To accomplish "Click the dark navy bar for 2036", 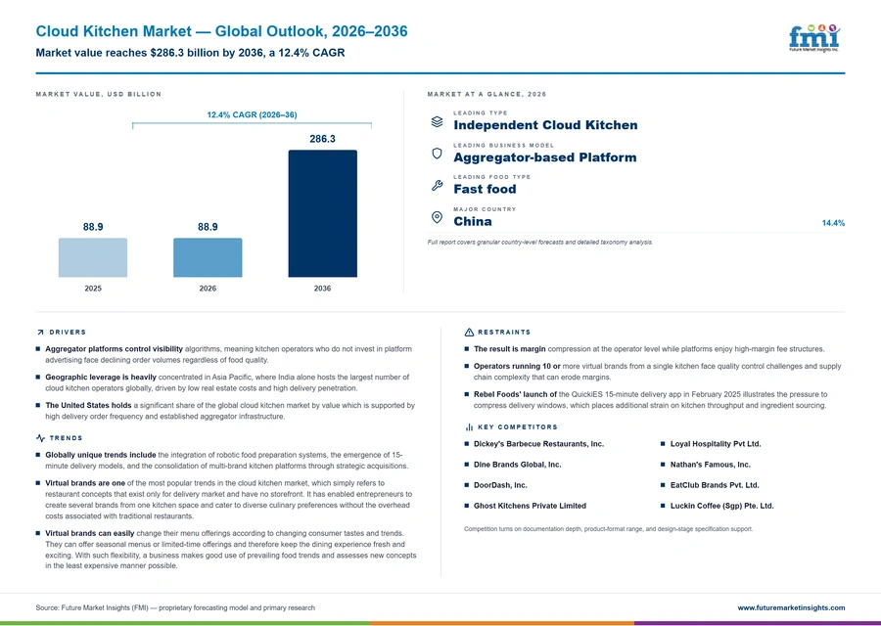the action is tap(322, 213).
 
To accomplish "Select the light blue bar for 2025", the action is tap(93, 257).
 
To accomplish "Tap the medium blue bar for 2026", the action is tap(208, 257).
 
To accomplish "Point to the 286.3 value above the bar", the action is tap(322, 139).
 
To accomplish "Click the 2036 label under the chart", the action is tap(322, 289).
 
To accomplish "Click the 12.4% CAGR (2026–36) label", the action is tap(252, 114).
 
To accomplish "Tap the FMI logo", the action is tap(814, 38).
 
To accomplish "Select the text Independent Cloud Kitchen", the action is tap(545, 125).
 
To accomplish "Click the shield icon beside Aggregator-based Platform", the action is tap(437, 154).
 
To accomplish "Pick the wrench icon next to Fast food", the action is tap(437, 186).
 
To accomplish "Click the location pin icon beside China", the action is tap(437, 217).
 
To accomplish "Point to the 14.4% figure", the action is tap(833, 223).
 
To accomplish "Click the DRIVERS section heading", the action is tap(68, 333).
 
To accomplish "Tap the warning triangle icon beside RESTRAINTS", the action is tap(469, 333).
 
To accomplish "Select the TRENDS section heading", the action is tap(66, 438).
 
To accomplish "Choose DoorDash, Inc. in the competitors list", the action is tap(500, 485).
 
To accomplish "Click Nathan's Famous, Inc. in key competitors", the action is tap(711, 465).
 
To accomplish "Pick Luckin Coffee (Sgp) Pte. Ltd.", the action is tap(722, 506).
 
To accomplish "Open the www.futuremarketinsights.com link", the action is tap(791, 607).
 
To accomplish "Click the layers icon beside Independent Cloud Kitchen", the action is tap(437, 121).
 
